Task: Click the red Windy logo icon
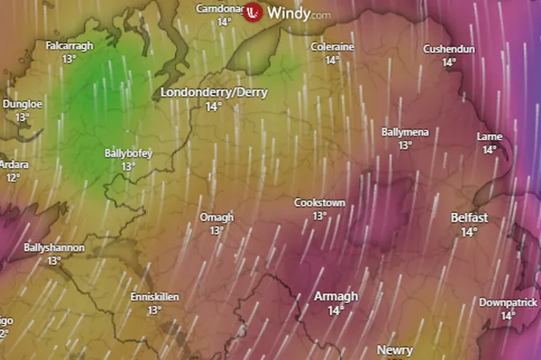[x=253, y=12]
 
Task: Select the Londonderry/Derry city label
[x=213, y=92]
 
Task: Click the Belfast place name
[x=469, y=217]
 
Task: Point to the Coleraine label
[x=332, y=47]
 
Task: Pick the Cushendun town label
[x=449, y=48]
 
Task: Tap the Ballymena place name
[x=405, y=132]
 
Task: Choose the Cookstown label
[x=319, y=202]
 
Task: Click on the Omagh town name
[x=216, y=217]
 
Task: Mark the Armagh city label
[x=336, y=297]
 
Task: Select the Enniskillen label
[x=155, y=298]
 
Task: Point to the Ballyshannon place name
[x=55, y=248]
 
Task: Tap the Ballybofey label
[x=128, y=153]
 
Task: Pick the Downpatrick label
[x=508, y=302]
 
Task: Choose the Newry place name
[x=395, y=350]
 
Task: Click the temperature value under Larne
[x=489, y=150]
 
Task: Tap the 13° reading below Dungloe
[x=22, y=116]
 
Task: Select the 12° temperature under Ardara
[x=12, y=177]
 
